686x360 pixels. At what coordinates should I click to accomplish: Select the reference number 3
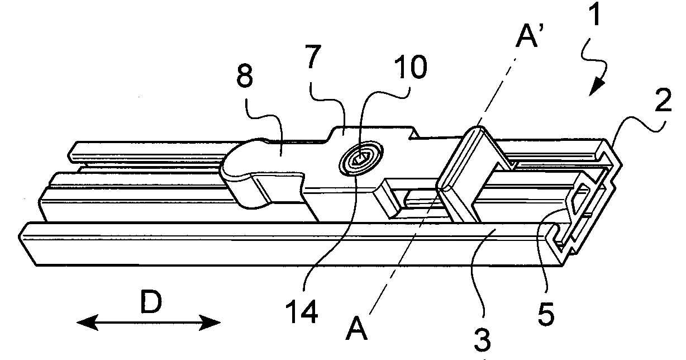click(482, 337)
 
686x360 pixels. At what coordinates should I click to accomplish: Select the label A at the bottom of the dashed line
click(356, 331)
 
